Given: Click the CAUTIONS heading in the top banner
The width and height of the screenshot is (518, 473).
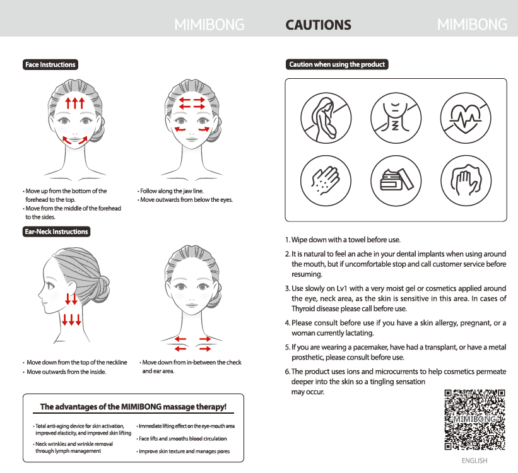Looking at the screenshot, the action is point(318,25).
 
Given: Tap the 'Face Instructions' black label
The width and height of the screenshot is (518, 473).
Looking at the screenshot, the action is point(50,64).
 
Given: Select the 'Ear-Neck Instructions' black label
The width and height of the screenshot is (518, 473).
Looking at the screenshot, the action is point(57,231).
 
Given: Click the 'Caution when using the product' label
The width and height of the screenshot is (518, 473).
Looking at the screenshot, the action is point(337,64).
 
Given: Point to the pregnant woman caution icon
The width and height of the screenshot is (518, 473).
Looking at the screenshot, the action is point(326,118).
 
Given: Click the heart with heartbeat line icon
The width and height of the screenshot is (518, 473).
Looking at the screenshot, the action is point(466,118).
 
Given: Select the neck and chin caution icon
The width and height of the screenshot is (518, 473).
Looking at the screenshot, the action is point(396,118).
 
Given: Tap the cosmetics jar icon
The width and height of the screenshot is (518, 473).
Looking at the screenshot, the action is point(396,180).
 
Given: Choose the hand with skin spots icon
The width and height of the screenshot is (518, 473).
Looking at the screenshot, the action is point(326,180).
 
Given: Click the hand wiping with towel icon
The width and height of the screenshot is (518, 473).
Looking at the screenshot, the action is point(466,180).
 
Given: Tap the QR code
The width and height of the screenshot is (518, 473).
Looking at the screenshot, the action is point(474,419).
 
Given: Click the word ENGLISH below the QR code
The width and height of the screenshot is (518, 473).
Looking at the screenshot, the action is point(474,460).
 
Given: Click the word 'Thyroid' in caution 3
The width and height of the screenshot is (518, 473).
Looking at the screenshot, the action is point(303,309).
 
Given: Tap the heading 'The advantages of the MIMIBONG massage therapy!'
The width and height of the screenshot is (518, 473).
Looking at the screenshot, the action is point(133,407).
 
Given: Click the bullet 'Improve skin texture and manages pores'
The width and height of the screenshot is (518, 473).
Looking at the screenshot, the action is point(184,451).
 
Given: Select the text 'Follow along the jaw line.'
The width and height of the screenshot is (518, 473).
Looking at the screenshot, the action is point(172,191).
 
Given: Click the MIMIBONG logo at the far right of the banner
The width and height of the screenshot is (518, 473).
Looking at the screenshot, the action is point(472,25).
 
